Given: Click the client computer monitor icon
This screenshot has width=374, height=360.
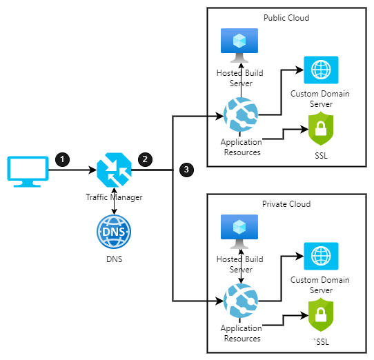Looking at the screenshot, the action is click(x=28, y=172).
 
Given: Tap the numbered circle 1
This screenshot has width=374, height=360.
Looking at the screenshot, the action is click(x=63, y=159).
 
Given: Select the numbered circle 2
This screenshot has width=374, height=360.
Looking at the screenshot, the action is click(x=145, y=159).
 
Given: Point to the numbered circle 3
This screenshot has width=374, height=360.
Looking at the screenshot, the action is click(x=186, y=170).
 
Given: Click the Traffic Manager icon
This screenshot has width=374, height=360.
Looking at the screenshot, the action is click(x=115, y=170).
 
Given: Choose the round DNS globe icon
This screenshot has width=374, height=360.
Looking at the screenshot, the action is click(x=114, y=232).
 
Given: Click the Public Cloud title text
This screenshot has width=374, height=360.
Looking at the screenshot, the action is click(x=286, y=18).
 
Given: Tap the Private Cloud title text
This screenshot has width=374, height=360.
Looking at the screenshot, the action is click(x=286, y=204).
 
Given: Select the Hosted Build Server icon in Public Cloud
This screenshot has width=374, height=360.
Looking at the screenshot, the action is click(x=239, y=46).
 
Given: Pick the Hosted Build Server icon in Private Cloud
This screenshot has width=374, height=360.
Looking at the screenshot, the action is click(x=239, y=232).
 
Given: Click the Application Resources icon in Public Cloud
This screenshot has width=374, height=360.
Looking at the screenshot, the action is click(x=241, y=114).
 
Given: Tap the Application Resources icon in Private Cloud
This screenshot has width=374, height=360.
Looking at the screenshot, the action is click(x=241, y=301).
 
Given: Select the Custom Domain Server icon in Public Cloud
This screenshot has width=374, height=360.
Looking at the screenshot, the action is click(x=321, y=70).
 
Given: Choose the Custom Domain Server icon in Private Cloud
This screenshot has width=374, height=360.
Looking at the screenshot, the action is click(x=321, y=256).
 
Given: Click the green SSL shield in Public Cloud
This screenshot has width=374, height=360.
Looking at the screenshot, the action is click(x=321, y=129).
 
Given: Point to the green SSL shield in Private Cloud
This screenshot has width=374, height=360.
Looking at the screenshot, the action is click(x=321, y=315).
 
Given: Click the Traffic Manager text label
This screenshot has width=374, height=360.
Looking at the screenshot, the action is click(x=115, y=197).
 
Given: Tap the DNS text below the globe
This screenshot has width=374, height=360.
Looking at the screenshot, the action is click(x=115, y=259).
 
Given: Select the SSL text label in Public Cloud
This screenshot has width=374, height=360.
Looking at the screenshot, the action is click(x=321, y=156).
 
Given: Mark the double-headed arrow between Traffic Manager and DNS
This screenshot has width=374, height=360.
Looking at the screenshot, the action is click(x=115, y=201).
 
